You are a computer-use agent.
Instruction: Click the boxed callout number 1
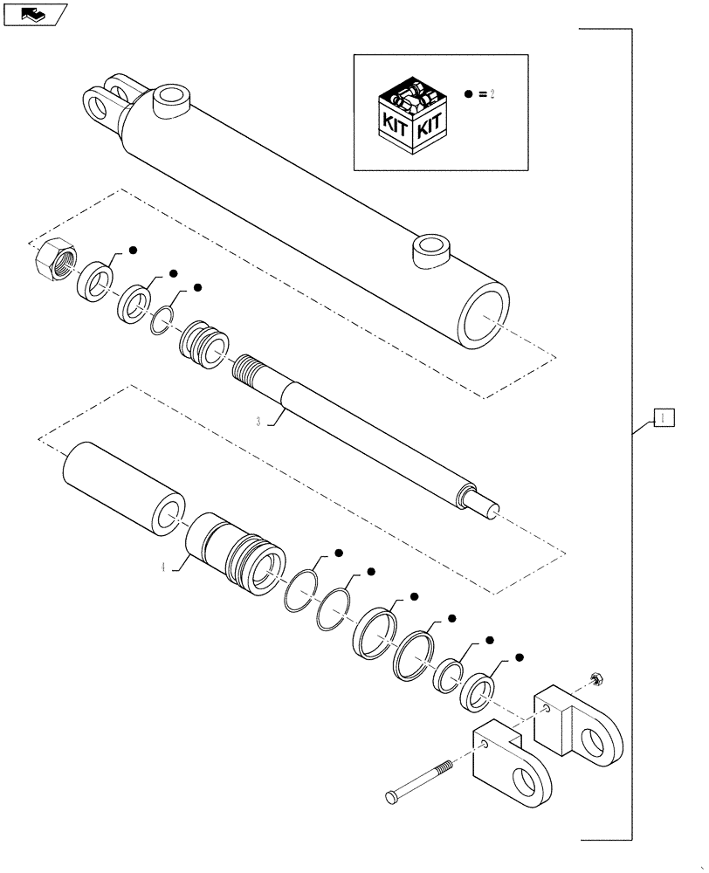click(x=663, y=418)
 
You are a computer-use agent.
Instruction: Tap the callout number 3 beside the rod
click(x=258, y=421)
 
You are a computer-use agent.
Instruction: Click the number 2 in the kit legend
click(x=492, y=94)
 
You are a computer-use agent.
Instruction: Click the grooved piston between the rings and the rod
click(x=203, y=340)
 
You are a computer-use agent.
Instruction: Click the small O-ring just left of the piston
click(x=162, y=322)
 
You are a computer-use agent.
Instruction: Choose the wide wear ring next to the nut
click(x=94, y=280)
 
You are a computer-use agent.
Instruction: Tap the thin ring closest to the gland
click(x=301, y=591)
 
